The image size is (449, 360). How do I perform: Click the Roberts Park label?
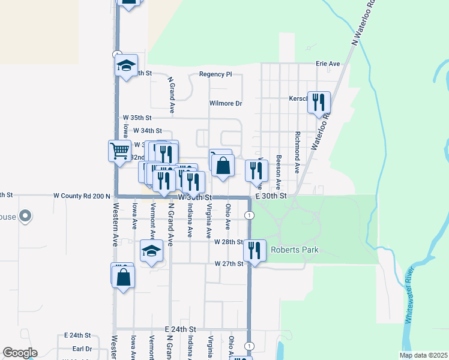[294, 250]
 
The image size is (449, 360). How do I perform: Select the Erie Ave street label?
[328, 64]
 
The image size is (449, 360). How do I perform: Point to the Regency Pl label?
[215, 74]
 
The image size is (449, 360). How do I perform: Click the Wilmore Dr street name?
[225, 103]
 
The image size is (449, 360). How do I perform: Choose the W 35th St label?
[137, 118]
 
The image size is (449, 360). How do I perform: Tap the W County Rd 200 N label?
[82, 196]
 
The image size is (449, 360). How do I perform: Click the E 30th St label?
[271, 196]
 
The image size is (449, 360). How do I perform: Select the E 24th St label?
[181, 329]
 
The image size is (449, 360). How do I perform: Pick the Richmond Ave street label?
[297, 152]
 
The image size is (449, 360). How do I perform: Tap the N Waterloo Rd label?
[363, 25]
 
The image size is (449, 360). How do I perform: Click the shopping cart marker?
[119, 150]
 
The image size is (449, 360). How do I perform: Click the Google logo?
[20, 353]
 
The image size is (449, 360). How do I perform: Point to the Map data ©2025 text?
[423, 355]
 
